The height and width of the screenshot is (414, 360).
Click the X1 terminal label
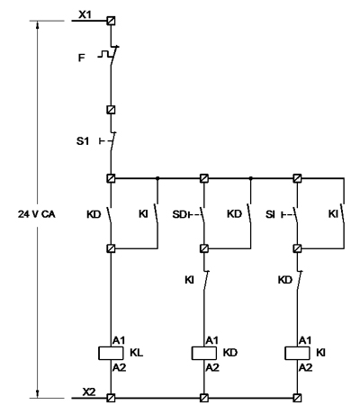pos(85,14)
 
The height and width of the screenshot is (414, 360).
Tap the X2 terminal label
pos(89,391)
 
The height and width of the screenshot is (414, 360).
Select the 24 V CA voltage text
pos(37,214)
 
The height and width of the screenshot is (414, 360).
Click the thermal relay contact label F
pos(81,58)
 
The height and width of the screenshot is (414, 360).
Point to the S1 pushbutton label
pos(83,141)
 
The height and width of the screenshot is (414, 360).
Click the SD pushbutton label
pos(179,214)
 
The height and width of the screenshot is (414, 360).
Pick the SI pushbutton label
pos(270,214)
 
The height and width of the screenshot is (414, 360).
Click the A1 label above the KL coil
pos(119,340)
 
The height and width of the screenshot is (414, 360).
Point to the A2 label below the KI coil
pos(305,367)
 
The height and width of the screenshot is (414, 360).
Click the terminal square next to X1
pos(111,21)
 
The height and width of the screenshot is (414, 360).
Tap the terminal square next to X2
pos(111,398)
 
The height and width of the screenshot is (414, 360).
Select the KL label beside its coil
pos(137,353)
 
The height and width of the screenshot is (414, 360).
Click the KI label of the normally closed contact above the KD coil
pos(189,280)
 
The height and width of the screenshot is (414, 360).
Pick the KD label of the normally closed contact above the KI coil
pos(285,280)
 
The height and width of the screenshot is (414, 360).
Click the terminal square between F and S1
pos(111,110)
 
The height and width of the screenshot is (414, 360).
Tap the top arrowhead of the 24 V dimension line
pos(37,24)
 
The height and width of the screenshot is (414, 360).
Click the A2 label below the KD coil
pos(212,367)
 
